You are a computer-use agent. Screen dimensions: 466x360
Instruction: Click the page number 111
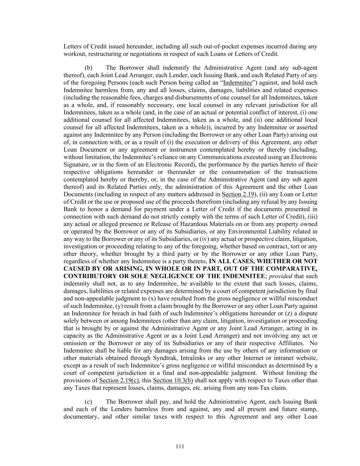pos(180,447)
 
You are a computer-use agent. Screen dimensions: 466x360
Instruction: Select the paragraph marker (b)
pos(88,68)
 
